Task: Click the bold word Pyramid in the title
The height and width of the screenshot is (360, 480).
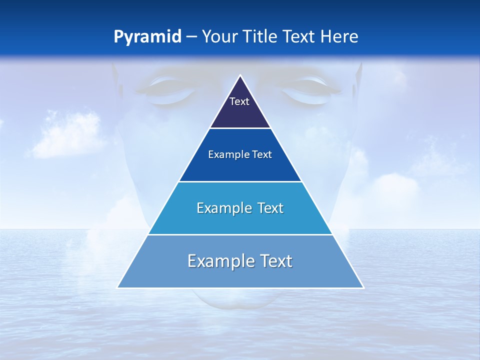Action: click(147, 37)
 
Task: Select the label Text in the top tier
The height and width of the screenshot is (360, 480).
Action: click(239, 101)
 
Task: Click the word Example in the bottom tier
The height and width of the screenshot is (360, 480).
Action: click(218, 261)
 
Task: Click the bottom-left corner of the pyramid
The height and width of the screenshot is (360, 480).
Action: click(117, 287)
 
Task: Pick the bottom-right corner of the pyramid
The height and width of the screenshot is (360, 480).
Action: click(363, 287)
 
